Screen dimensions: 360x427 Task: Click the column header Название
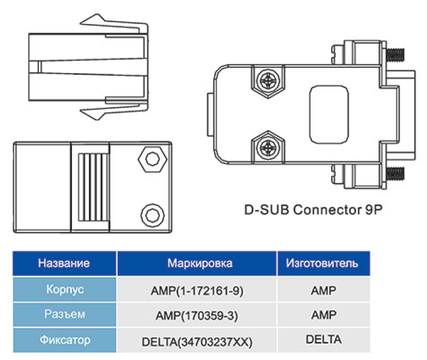[64, 263]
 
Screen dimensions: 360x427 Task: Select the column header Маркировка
[199, 263]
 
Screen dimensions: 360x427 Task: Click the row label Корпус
[64, 289]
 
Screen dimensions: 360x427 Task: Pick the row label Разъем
[64, 314]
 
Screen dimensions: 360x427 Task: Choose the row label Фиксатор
[64, 339]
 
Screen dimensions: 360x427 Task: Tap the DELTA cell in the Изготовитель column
[323, 339]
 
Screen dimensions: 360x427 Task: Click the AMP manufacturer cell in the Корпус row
[323, 290]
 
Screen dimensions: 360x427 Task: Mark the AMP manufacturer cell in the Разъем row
[323, 315]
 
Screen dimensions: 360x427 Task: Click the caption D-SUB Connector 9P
[313, 209]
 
